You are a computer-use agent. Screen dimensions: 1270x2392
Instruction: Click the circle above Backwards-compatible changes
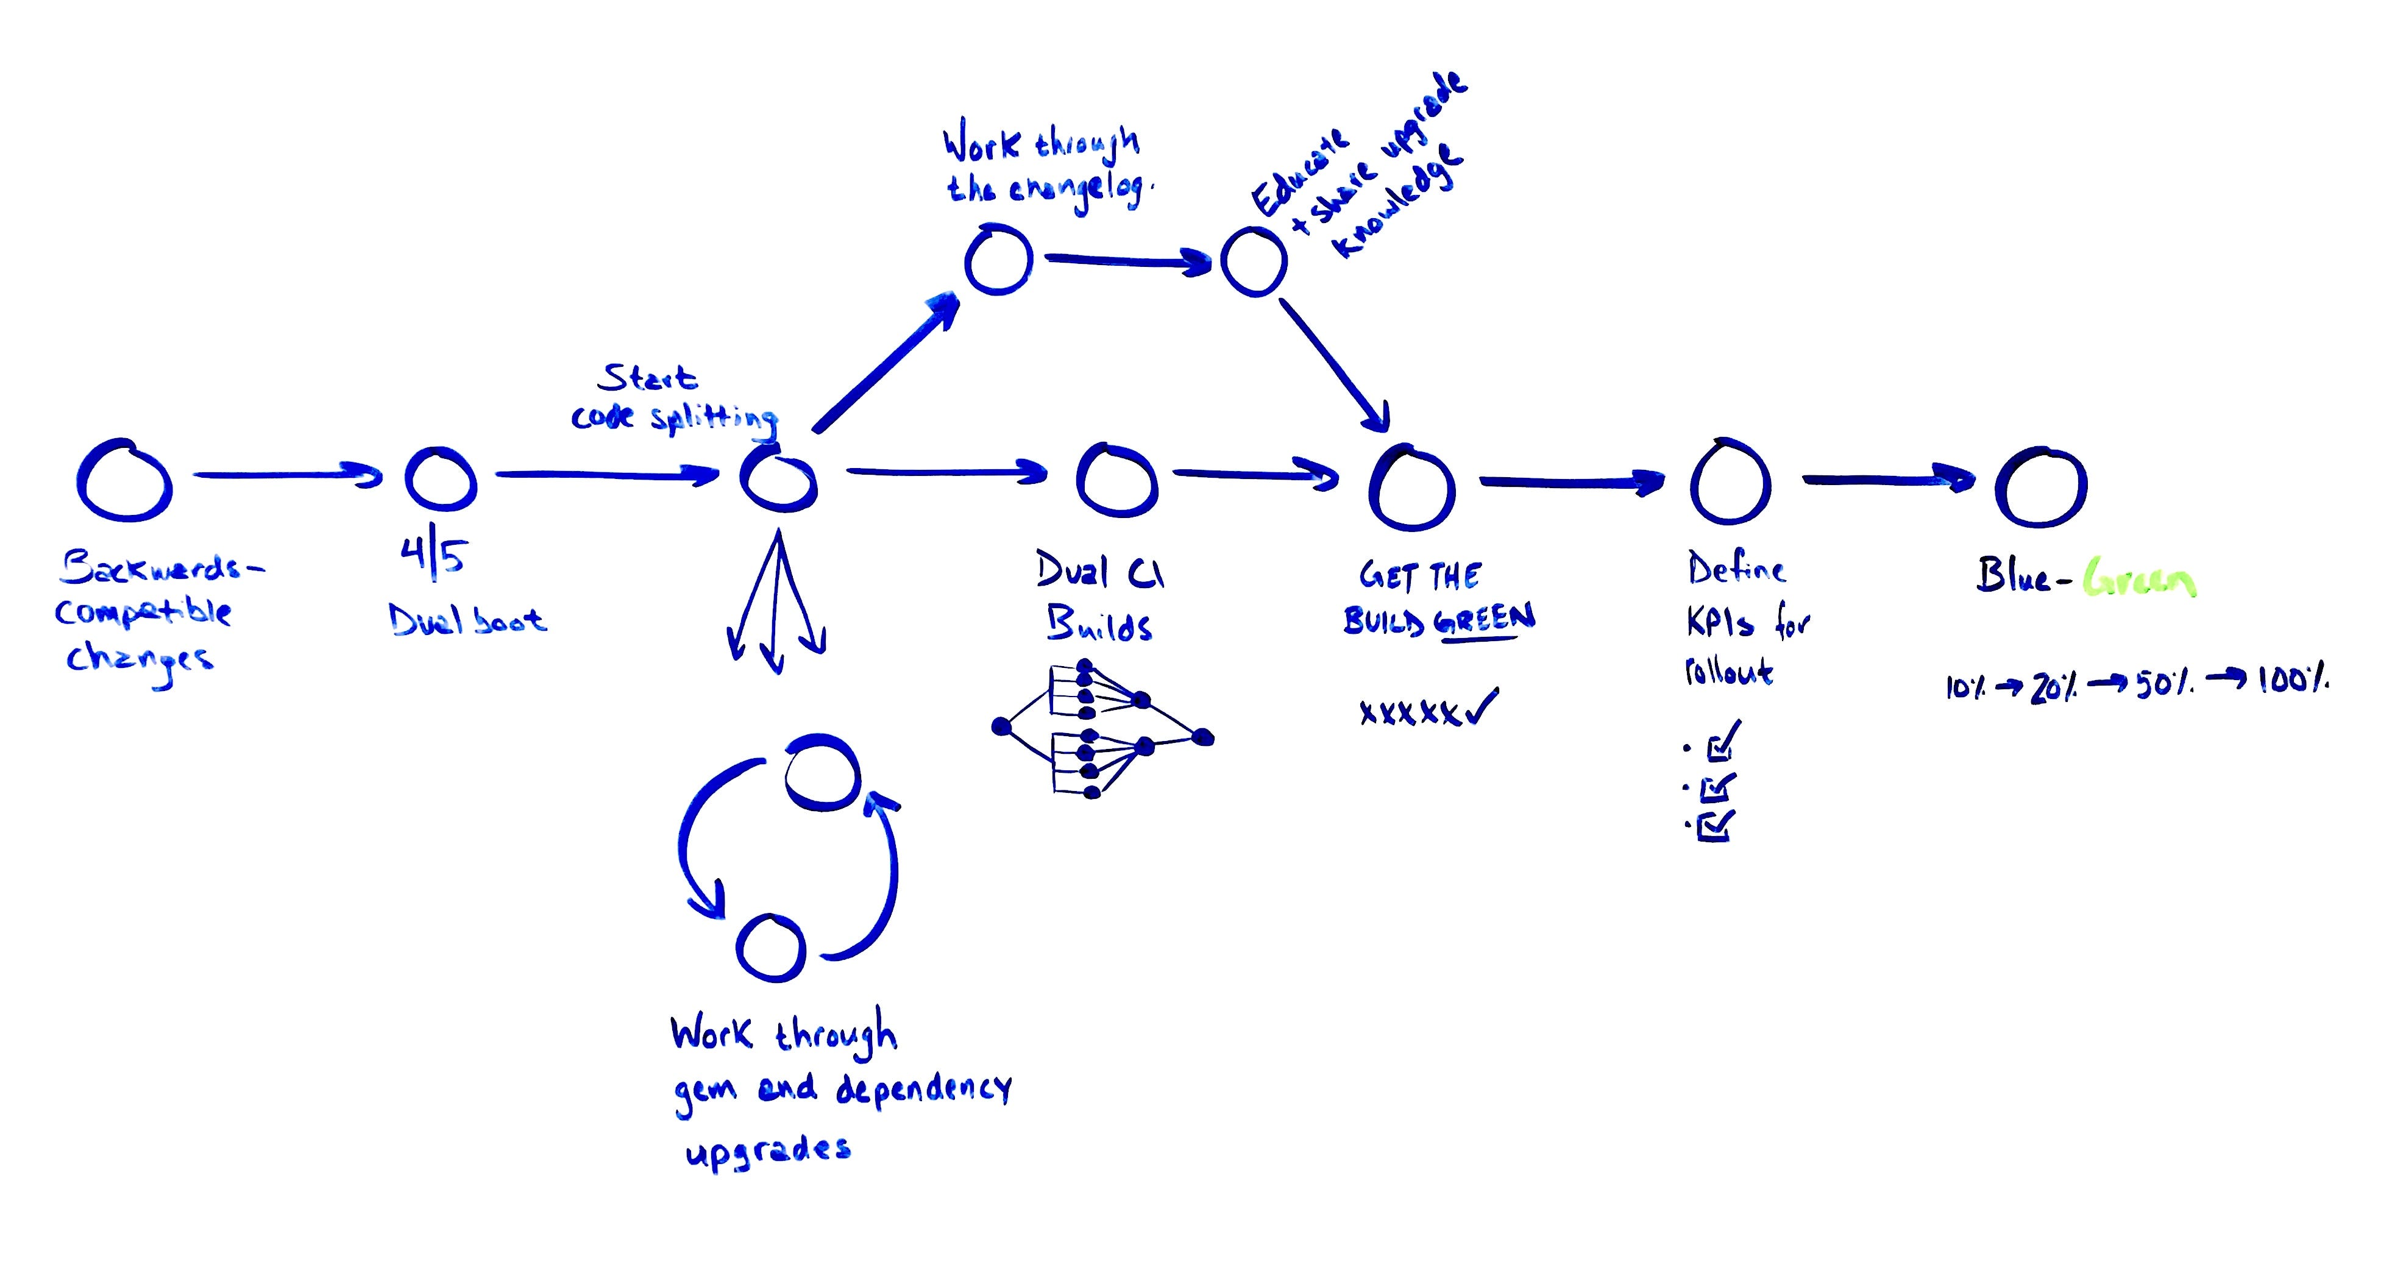coord(124,480)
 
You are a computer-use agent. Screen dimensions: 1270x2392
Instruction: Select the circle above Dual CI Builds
coord(1117,481)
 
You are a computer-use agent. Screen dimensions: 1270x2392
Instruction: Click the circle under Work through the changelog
coord(998,260)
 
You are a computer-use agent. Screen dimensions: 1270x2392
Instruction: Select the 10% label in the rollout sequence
coord(1967,688)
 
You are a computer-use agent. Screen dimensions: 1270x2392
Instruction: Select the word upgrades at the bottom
coord(767,1151)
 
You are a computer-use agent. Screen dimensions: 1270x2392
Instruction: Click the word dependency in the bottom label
coord(923,1088)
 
